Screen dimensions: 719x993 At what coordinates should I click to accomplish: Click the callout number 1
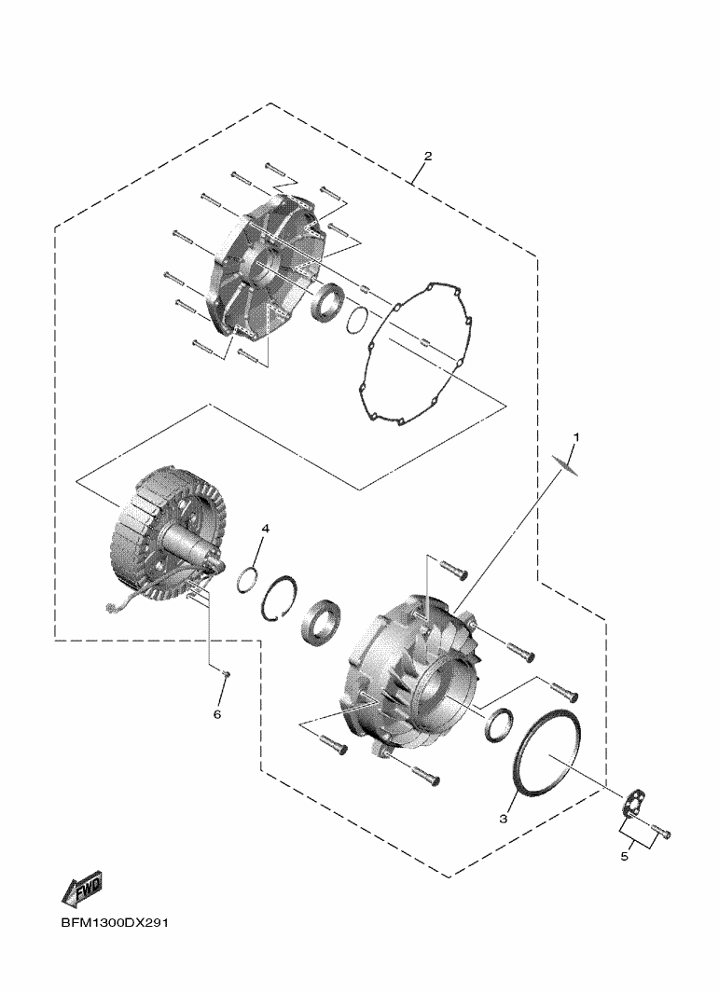tap(576, 436)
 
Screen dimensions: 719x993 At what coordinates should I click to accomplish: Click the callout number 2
tap(428, 156)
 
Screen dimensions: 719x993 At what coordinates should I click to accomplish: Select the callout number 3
tap(504, 819)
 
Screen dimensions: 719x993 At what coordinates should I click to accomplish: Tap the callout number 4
tap(266, 528)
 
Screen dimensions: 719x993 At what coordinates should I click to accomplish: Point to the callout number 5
tap(624, 857)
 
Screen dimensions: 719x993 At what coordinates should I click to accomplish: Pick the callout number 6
tap(216, 714)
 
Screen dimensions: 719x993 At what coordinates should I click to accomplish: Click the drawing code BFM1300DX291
tap(115, 922)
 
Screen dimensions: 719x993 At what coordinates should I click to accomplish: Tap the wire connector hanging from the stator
tap(112, 609)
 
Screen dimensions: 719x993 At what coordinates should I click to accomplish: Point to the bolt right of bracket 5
tap(660, 832)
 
